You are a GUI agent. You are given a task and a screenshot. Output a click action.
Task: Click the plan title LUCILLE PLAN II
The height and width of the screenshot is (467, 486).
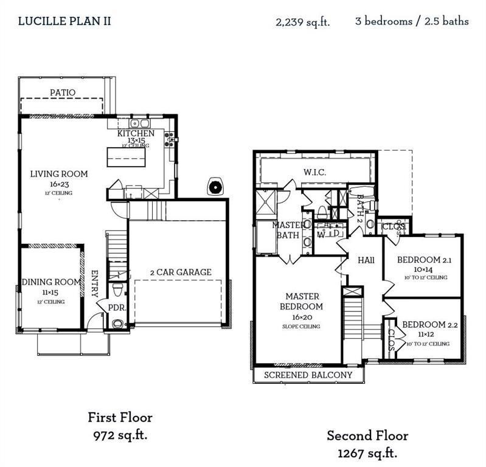pyautogui.click(x=64, y=21)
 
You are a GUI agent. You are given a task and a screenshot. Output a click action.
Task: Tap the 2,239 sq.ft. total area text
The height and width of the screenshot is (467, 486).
pyautogui.click(x=302, y=22)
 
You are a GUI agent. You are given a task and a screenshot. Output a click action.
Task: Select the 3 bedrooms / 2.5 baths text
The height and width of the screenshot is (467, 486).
pyautogui.click(x=412, y=21)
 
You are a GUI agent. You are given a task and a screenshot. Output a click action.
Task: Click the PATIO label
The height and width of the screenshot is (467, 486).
pyautogui.click(x=63, y=93)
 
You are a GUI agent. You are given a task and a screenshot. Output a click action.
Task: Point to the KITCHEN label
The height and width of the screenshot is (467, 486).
pyautogui.click(x=136, y=134)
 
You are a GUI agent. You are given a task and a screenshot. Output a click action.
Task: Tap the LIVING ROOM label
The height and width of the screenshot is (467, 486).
pyautogui.click(x=59, y=174)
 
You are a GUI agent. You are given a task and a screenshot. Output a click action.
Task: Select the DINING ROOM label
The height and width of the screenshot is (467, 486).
pyautogui.click(x=51, y=282)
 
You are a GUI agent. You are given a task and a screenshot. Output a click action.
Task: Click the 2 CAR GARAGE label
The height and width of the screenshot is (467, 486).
pyautogui.click(x=181, y=272)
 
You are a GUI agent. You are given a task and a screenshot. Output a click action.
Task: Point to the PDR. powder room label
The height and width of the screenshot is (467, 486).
pyautogui.click(x=117, y=308)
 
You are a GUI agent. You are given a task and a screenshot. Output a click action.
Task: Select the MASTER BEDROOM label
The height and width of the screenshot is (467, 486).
pyautogui.click(x=301, y=302)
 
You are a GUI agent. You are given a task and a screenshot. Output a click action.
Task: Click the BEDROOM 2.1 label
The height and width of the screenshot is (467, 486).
pyautogui.click(x=422, y=260)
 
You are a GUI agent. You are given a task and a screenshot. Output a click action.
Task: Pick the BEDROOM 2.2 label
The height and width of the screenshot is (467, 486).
pyautogui.click(x=426, y=324)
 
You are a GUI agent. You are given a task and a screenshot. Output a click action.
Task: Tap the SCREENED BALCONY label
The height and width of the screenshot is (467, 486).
pyautogui.click(x=307, y=375)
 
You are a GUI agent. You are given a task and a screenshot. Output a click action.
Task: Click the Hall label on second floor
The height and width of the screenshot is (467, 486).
pyautogui.click(x=366, y=260)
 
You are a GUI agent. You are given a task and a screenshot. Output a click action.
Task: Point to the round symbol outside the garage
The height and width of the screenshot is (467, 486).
pyautogui.click(x=215, y=187)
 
